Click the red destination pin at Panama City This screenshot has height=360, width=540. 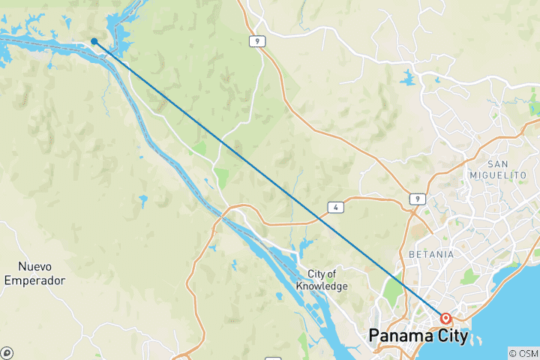445,319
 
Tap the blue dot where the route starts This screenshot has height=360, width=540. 94,41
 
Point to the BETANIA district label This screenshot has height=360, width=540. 431,254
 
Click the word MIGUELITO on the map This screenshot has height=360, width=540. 510,175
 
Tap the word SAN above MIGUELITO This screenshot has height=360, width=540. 502,163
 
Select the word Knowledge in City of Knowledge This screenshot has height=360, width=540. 321,286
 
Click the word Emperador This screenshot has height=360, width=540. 34,280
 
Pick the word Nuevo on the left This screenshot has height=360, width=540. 34,266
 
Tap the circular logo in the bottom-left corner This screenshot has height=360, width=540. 7,352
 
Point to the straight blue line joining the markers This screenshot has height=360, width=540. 270,180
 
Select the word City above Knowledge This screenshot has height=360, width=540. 315,274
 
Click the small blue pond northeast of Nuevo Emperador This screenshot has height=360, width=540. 142,201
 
